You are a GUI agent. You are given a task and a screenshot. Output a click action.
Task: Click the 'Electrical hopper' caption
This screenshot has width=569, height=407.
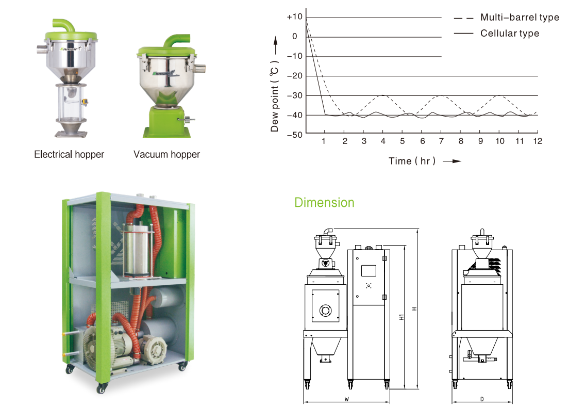pos(69,154)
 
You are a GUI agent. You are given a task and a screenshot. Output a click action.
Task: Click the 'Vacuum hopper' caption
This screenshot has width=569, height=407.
pos(166,154)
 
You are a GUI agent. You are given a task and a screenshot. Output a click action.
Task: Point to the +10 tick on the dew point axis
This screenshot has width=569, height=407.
pos(295,17)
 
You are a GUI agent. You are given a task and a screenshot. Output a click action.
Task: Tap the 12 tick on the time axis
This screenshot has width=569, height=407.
pos(538,141)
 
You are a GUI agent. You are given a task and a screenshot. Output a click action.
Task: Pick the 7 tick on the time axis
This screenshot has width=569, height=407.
pos(441,141)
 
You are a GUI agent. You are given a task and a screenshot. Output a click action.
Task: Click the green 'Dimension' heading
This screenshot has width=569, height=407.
pos(324,202)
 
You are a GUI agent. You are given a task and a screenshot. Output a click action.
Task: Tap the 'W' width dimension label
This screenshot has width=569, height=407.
pos(346,399)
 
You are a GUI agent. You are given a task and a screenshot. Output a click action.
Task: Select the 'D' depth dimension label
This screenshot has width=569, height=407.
pos(481,399)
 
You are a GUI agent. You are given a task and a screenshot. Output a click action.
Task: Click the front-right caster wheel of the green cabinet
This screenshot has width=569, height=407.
pos(182,367)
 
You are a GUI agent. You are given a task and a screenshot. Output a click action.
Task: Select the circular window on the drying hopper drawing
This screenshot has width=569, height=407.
pos(325,311)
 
